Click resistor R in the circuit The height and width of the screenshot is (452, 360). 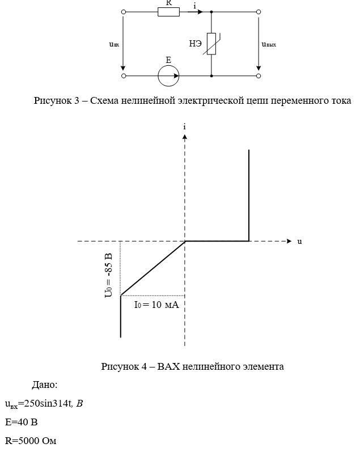click(168, 11)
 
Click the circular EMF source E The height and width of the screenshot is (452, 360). click(168, 75)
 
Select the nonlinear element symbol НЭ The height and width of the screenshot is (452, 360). click(211, 44)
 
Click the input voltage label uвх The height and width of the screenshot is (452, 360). click(114, 44)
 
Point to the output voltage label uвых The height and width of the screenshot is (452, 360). click(269, 44)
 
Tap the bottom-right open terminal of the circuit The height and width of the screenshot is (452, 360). click(259, 75)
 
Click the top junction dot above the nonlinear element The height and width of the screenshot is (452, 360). click(211, 11)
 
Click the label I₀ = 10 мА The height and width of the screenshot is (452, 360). click(156, 305)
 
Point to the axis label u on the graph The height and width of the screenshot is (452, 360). click(299, 242)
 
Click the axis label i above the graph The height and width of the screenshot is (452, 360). click(185, 126)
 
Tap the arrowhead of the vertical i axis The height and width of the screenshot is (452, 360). click(185, 137)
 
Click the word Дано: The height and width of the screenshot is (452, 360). click(44, 385)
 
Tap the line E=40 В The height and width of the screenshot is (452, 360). click(22, 423)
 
